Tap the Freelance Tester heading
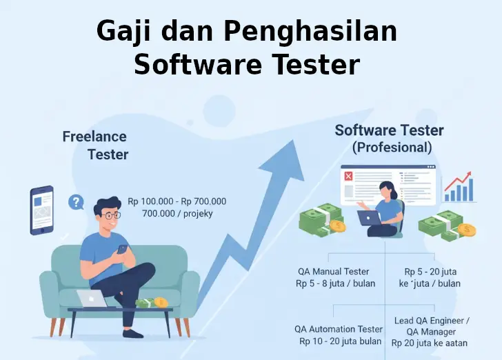96,145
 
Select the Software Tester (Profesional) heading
389,138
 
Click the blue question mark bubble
76,202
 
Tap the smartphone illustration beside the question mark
41,209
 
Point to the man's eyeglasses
109,215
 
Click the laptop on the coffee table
92,299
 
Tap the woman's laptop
370,218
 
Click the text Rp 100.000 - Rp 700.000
177,201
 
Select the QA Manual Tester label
333,272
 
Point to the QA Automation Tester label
339,330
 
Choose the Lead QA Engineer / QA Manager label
432,326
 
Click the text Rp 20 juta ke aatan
430,343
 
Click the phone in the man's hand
122,249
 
